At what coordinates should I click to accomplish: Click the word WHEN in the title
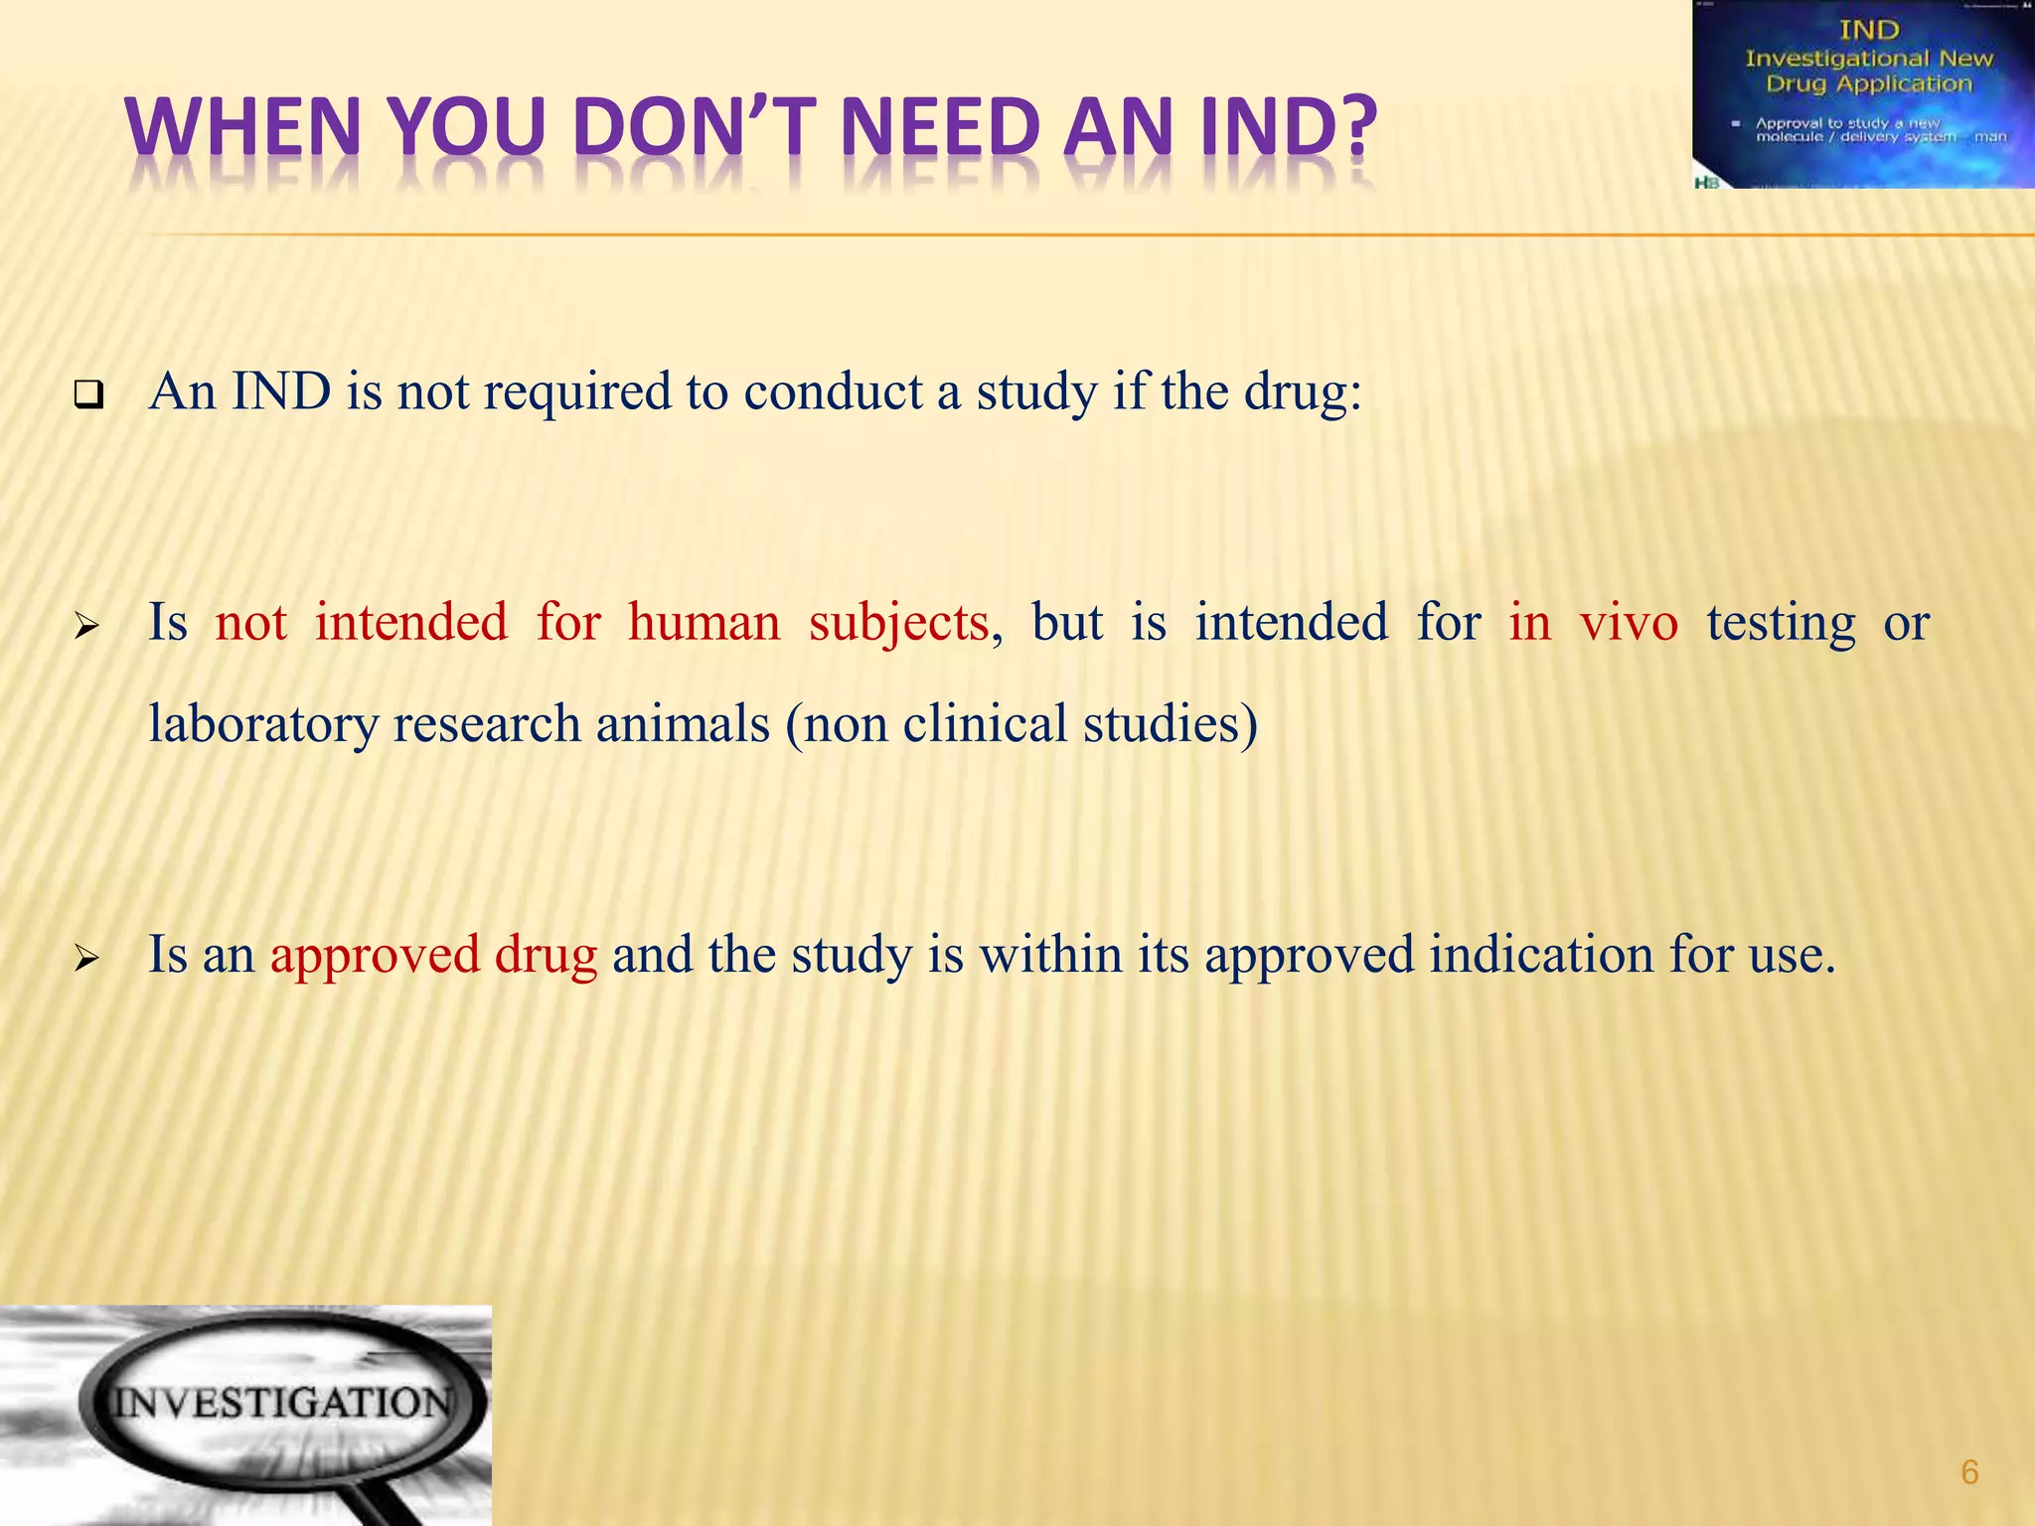tap(242, 127)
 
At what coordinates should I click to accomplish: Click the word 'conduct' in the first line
tap(833, 391)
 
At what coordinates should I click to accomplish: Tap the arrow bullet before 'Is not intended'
tap(86, 627)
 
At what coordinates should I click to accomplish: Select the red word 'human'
tap(704, 623)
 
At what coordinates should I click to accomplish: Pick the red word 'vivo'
tap(1629, 623)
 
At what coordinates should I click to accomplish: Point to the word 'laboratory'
tap(263, 724)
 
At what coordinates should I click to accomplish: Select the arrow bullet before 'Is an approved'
tap(86, 959)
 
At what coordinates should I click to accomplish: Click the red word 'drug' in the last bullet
tap(546, 955)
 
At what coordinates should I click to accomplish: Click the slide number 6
tap(1969, 1471)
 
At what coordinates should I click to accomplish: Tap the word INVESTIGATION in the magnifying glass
tap(280, 1403)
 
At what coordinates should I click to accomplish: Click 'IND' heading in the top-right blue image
tap(1869, 31)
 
